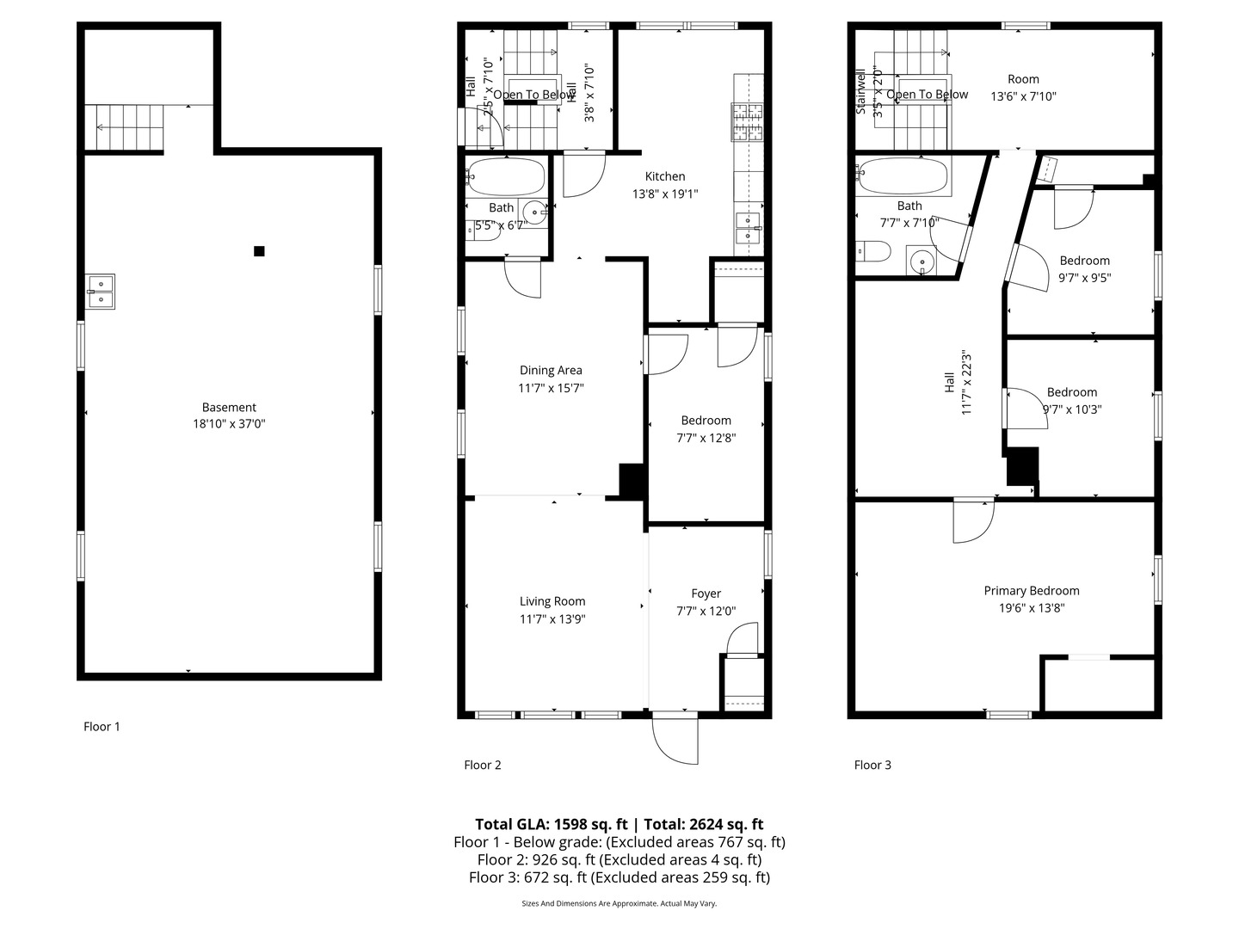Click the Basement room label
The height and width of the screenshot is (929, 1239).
(229, 408)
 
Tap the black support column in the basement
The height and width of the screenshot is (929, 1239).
(259, 251)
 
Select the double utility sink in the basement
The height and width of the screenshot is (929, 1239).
(101, 291)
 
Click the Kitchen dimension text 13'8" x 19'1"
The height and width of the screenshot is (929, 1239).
(665, 194)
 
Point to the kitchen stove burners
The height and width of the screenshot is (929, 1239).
(748, 121)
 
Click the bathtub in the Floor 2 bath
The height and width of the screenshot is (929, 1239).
(506, 177)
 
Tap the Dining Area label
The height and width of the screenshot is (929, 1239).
(551, 371)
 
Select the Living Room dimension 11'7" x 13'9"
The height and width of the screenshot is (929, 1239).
(552, 618)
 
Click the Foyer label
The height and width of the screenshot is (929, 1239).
(706, 594)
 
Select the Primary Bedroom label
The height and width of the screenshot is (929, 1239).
(1031, 591)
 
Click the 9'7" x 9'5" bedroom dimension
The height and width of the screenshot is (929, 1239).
(1084, 278)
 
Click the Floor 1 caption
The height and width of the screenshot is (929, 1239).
(102, 727)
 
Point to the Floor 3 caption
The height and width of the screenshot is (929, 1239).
(872, 765)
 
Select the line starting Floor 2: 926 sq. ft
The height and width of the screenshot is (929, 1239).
(619, 859)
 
